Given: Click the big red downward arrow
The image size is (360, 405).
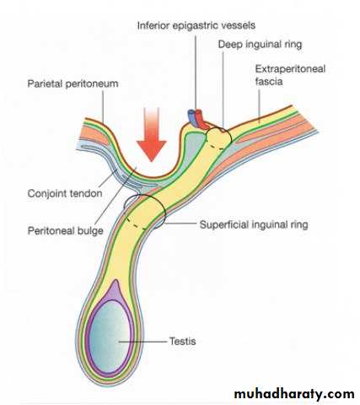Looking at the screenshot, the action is coord(152,135).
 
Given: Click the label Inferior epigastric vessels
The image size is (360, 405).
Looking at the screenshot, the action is coord(196,26).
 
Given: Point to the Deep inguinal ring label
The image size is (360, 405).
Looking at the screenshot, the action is coord(260,45).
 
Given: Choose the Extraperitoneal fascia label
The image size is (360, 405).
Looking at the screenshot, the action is coord(290,75).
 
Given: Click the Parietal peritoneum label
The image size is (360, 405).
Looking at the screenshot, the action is coord(73,84).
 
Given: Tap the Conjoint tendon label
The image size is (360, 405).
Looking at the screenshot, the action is coord(65,193).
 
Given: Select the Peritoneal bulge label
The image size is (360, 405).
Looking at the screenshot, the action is coord(66,231).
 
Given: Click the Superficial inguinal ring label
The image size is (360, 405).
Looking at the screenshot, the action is coord(254,224).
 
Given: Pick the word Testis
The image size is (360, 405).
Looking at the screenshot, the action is coord(182,341).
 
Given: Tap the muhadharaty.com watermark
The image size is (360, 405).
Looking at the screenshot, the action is coord(294,394).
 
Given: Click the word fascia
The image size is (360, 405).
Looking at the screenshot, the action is coord(269,82).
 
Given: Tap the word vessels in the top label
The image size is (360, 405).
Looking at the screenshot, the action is coord(238,26).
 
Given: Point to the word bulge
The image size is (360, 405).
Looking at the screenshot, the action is coord(90,231).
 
